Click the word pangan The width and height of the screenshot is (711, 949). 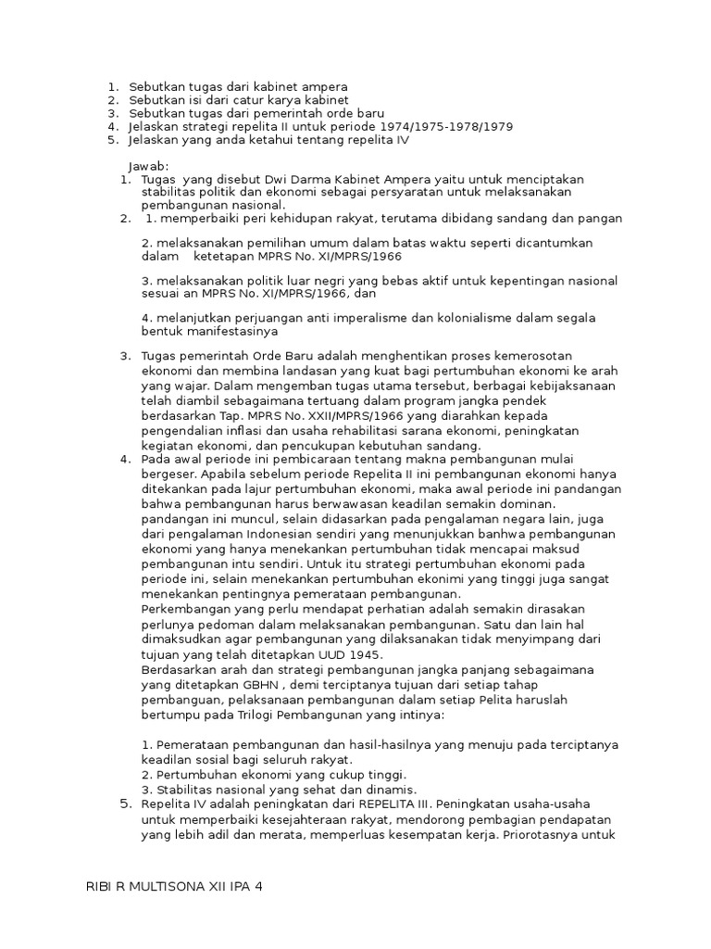tap(603, 219)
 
